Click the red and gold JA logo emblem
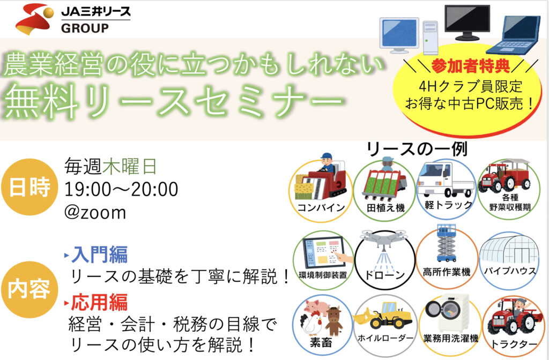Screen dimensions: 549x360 click(34, 19)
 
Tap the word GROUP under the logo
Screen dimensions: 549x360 click(85, 28)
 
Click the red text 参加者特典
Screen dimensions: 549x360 click(471, 66)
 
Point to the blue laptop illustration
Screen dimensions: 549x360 click(514, 35)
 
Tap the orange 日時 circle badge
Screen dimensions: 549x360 click(29, 187)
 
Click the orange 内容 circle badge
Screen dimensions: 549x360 click(29, 290)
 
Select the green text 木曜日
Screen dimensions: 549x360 click(130, 167)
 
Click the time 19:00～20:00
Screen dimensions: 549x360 click(121, 189)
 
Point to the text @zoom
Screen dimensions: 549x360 click(95, 212)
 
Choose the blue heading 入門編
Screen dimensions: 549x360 click(99, 254)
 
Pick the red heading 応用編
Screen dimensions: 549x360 click(99, 302)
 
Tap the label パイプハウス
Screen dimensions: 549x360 click(509, 271)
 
